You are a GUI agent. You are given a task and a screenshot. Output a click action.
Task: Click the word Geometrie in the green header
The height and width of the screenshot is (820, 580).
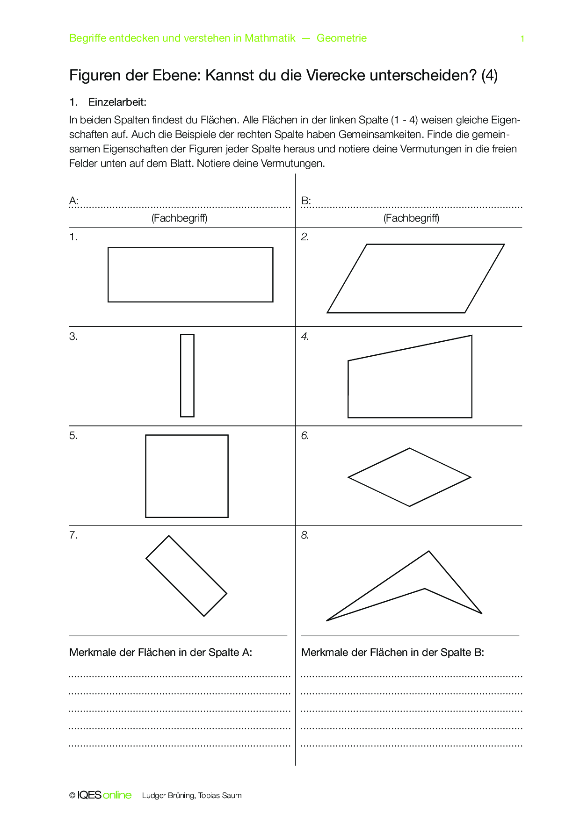pos(341,38)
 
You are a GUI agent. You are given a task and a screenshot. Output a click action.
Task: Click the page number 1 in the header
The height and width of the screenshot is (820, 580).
pos(522,39)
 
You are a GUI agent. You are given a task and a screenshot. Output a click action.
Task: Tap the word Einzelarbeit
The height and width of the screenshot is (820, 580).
pos(117,102)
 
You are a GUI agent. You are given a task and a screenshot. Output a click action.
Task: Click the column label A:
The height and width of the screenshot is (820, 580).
pos(73,201)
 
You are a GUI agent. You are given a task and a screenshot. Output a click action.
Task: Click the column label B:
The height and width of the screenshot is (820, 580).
pos(306,201)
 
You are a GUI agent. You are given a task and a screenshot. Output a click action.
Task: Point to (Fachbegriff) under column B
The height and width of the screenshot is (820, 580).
pos(411,218)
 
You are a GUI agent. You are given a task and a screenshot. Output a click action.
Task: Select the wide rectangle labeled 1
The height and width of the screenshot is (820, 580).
pos(190,275)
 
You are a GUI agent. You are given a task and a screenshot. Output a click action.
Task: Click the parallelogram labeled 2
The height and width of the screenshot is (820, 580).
pos(415,279)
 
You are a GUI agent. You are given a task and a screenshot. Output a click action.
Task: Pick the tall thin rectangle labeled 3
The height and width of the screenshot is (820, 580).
pos(187,375)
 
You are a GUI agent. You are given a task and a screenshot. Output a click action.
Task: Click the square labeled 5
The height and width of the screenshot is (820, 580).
pos(187,476)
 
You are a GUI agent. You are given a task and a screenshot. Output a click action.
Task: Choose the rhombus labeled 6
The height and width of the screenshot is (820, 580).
pos(409,477)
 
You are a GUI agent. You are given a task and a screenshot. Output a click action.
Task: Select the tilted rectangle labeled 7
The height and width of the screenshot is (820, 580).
pos(186,576)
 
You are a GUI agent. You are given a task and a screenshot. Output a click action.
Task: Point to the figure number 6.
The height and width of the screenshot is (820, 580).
pos(305,436)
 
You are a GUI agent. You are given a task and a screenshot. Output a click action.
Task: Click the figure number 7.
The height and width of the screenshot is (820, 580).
pos(73,535)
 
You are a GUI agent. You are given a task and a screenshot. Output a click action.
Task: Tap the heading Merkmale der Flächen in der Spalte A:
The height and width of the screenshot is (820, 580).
pos(160,653)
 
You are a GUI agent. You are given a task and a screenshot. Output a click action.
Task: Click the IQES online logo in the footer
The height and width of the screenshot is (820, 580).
pos(104,795)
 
